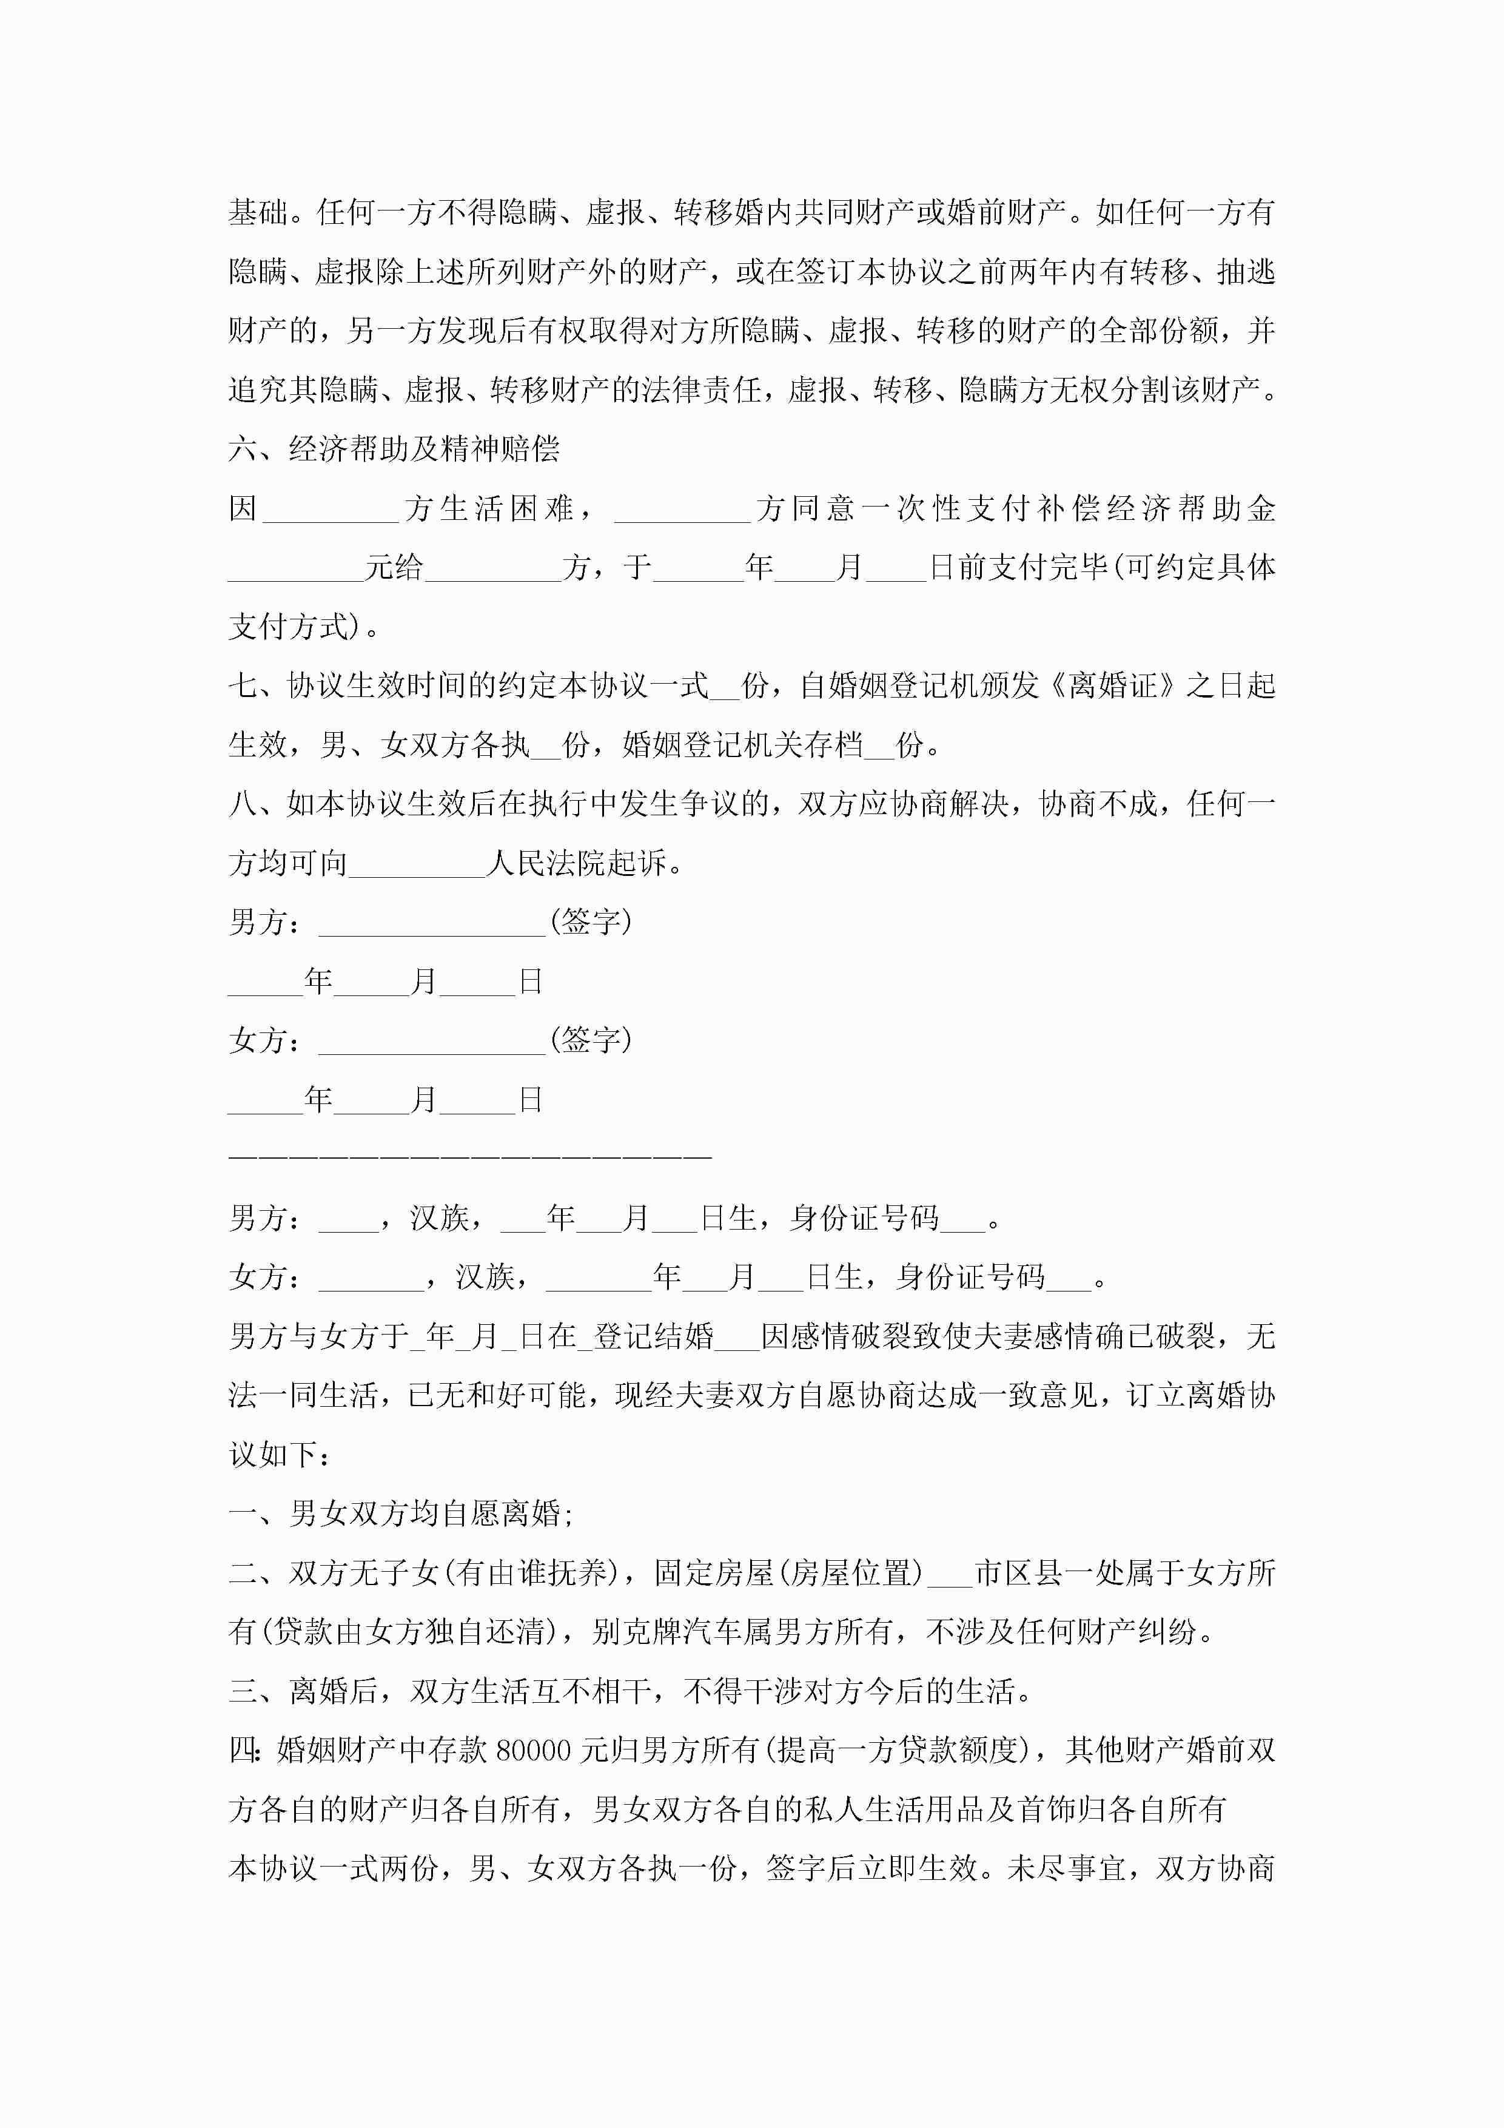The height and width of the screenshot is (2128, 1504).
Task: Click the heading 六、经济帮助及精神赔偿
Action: pos(394,450)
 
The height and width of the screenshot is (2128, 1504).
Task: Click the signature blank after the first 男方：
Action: pos(432,923)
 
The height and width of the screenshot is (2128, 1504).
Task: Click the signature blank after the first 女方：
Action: pos(432,1042)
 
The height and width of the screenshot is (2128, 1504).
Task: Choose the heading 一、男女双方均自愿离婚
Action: pos(400,1514)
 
